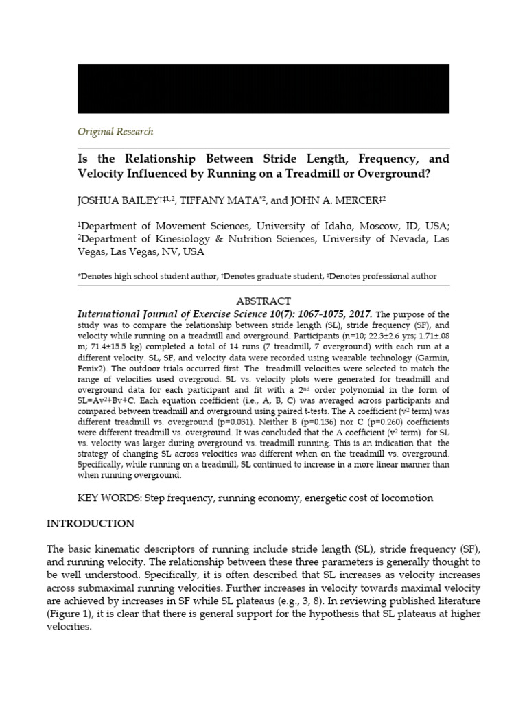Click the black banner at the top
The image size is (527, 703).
point(263,88)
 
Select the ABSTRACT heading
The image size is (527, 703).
point(263,301)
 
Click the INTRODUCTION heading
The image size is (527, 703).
point(90,523)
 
